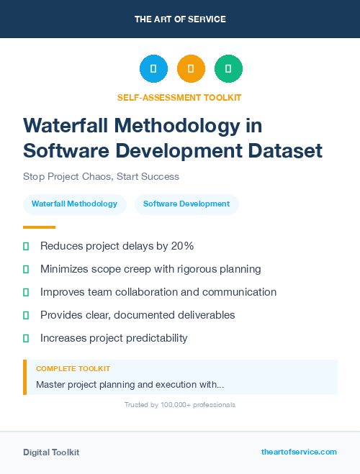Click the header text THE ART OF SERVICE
pyautogui.click(x=180, y=19)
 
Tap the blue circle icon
pyautogui.click(x=153, y=69)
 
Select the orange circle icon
pyautogui.click(x=191, y=69)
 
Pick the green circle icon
pyautogui.click(x=228, y=69)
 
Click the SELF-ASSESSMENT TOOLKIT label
pyautogui.click(x=179, y=97)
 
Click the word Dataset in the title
pyautogui.click(x=287, y=151)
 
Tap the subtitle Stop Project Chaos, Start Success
pyautogui.click(x=101, y=176)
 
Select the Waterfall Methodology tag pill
pyautogui.click(x=74, y=204)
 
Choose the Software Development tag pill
pyautogui.click(x=186, y=204)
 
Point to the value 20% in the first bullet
pyautogui.click(x=182, y=246)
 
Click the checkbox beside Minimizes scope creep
pyautogui.click(x=26, y=270)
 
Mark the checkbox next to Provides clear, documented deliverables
pyautogui.click(x=26, y=315)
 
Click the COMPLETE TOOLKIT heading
pyautogui.click(x=73, y=368)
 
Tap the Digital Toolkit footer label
pyautogui.click(x=51, y=452)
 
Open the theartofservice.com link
pyautogui.click(x=299, y=452)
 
